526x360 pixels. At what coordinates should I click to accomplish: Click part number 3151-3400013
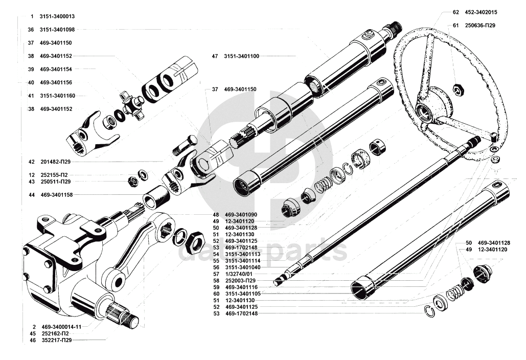click(x=60, y=16)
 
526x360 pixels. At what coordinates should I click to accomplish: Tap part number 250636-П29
click(x=479, y=25)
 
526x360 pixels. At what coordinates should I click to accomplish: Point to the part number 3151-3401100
click(x=241, y=56)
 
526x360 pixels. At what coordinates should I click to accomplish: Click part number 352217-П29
click(x=58, y=340)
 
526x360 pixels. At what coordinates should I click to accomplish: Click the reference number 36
click(x=31, y=30)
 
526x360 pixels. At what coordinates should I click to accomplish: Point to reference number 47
click(x=215, y=56)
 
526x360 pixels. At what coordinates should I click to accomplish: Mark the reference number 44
click(x=31, y=195)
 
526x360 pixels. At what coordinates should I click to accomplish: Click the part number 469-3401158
click(x=56, y=195)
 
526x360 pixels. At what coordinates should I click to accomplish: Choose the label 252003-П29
click(x=240, y=281)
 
